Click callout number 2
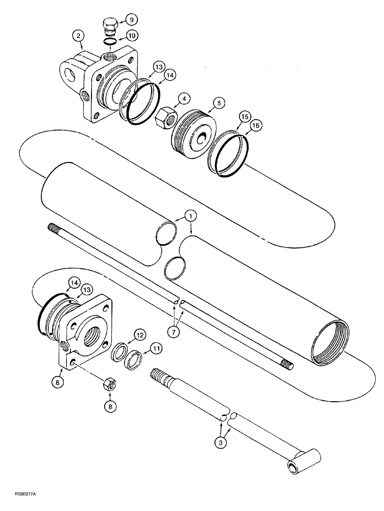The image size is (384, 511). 78,36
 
